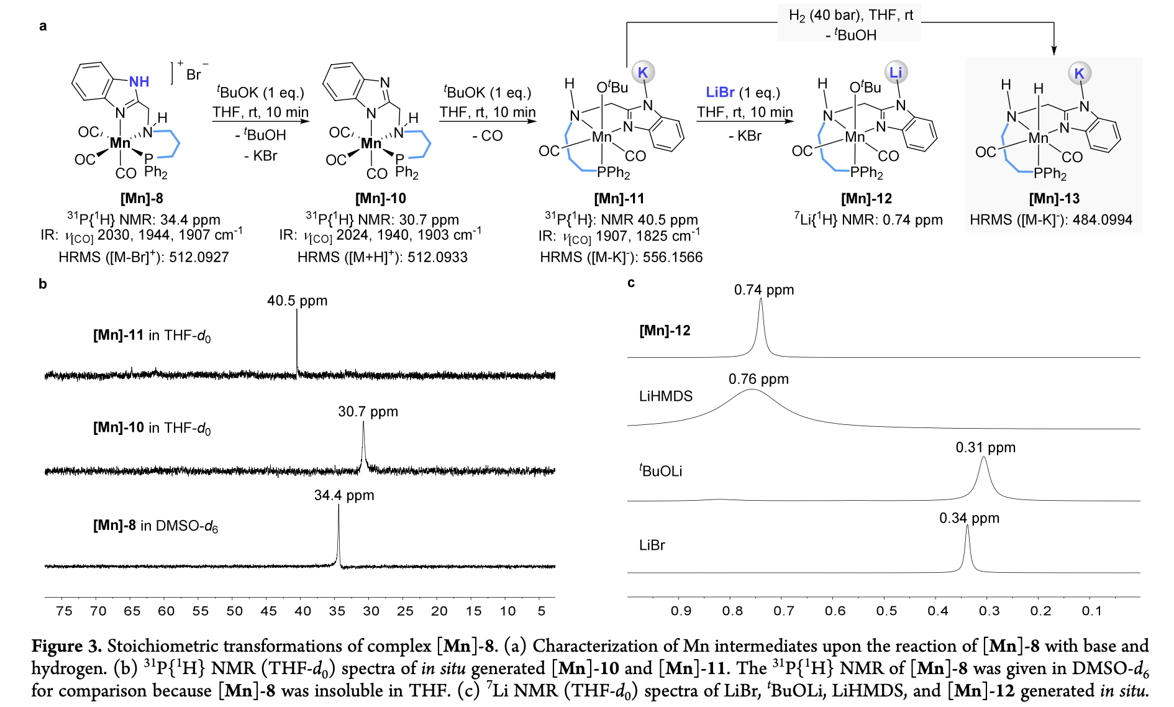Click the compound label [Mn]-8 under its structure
(x=142, y=198)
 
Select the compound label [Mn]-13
(x=1054, y=198)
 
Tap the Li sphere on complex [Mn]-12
(x=895, y=72)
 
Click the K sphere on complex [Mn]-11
(x=642, y=72)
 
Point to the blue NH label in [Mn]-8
(x=139, y=81)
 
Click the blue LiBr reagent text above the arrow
(x=721, y=92)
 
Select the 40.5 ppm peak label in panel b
(x=297, y=301)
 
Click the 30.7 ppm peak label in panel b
(x=368, y=411)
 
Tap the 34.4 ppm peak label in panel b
(x=344, y=495)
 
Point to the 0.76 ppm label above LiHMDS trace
(x=758, y=379)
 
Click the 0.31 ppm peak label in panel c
(x=985, y=447)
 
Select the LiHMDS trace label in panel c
(x=665, y=396)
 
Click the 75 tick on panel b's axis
(x=64, y=611)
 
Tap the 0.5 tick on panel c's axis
(x=886, y=611)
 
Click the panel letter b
(x=42, y=284)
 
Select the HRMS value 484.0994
(x=1102, y=220)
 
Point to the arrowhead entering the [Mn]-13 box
(x=1053, y=51)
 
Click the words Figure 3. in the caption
(x=66, y=646)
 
